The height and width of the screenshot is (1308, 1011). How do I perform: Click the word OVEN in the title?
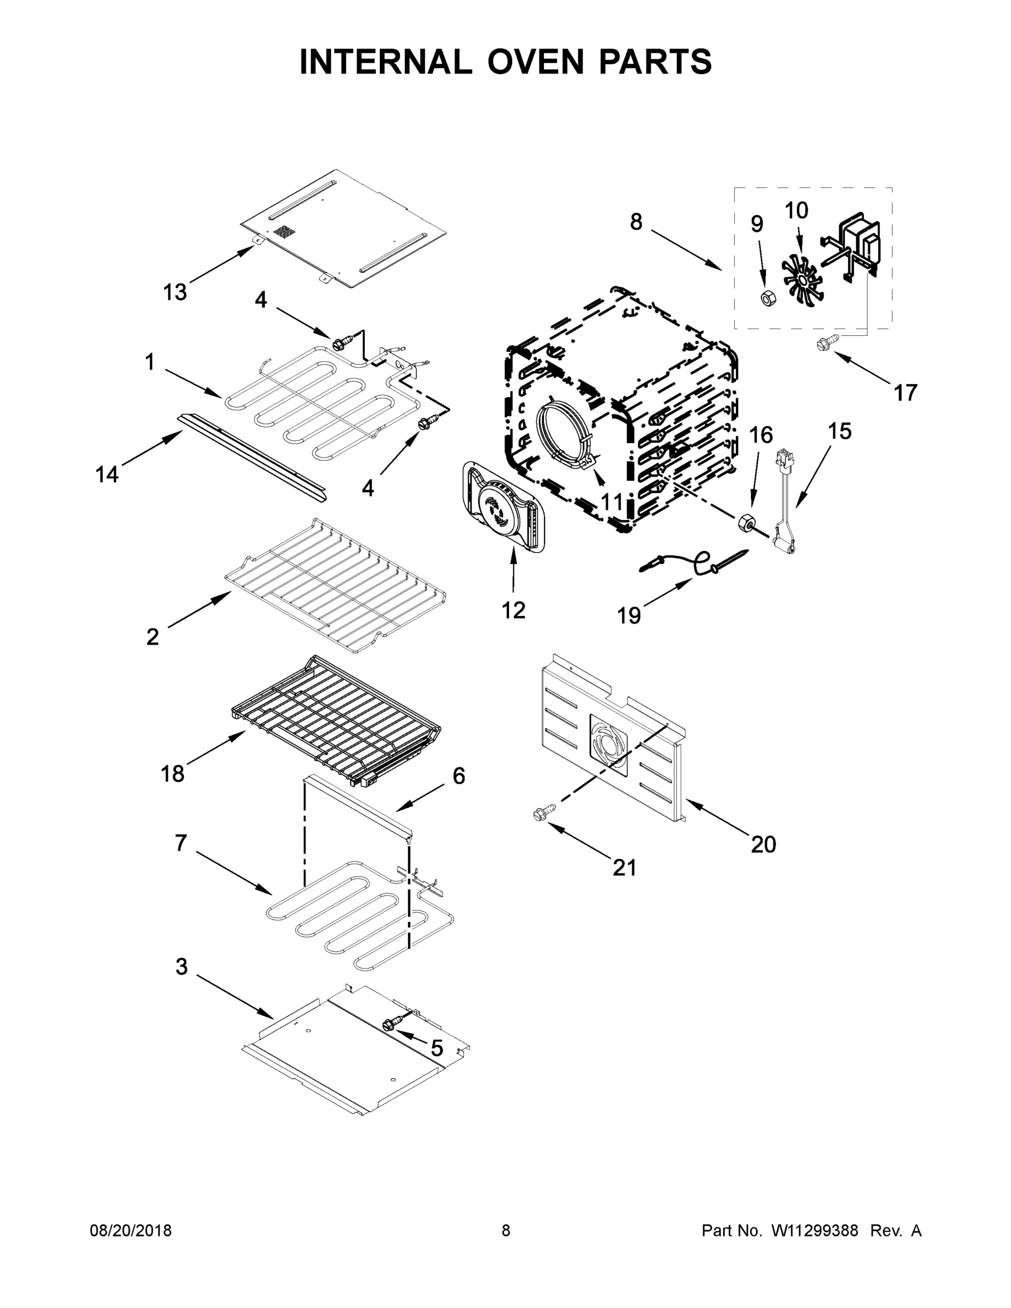[535, 62]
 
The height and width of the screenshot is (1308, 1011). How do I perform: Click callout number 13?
[175, 292]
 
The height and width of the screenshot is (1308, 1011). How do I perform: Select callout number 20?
[763, 844]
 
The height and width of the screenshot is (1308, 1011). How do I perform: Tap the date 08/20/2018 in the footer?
[131, 1231]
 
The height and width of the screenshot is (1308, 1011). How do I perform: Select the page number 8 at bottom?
[506, 1231]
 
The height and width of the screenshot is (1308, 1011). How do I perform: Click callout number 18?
[172, 774]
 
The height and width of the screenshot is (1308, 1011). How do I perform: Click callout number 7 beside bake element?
[181, 843]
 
